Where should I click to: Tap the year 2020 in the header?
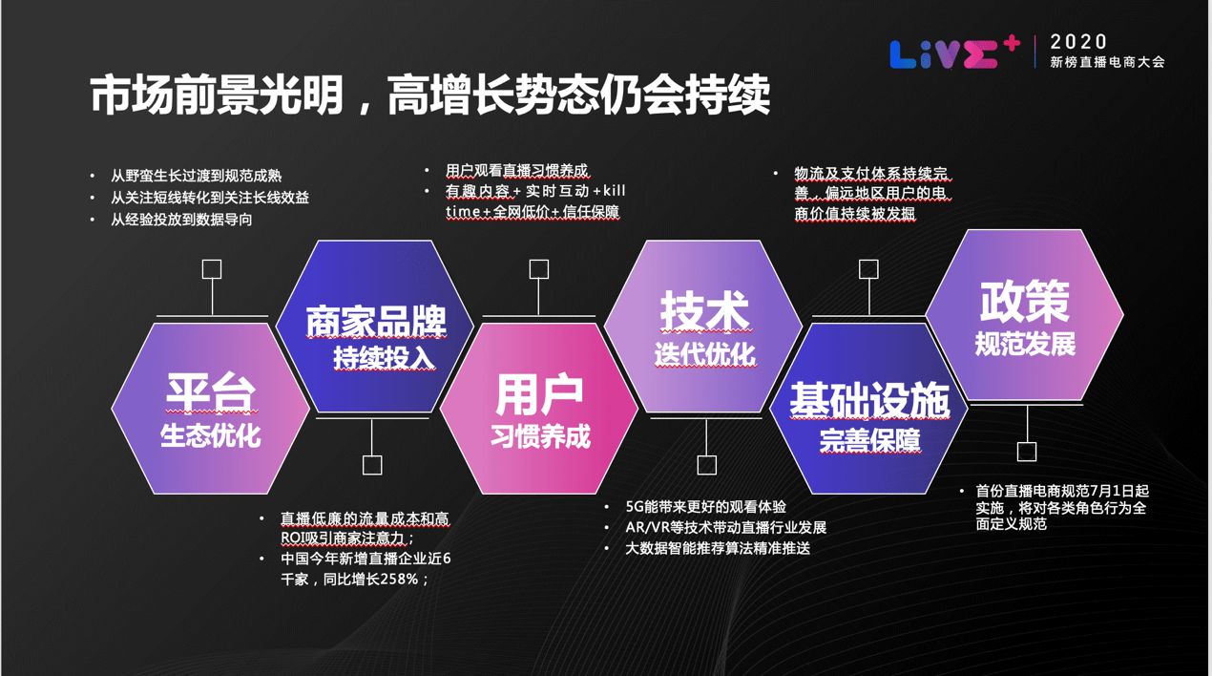(x=1079, y=42)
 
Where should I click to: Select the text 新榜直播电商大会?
(x=1107, y=62)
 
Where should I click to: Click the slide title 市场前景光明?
(x=219, y=96)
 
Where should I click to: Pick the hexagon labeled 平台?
(x=211, y=409)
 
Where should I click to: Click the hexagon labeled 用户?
(x=539, y=409)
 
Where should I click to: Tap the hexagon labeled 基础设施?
(x=868, y=409)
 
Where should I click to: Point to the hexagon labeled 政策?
(x=1025, y=315)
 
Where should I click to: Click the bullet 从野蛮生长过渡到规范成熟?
(x=196, y=176)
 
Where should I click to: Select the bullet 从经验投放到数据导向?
(x=181, y=220)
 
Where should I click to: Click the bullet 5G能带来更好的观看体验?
(x=705, y=507)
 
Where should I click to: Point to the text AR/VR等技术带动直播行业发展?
(x=725, y=528)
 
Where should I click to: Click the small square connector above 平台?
(x=212, y=269)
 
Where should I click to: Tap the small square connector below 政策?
(x=1027, y=452)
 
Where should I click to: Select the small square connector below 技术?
(x=706, y=465)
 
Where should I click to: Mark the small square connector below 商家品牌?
(x=373, y=465)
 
